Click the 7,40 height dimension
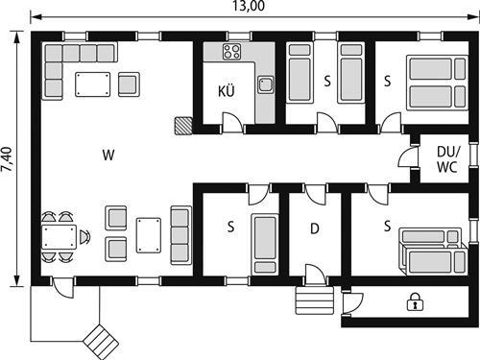tap(8, 154)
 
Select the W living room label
tap(108, 154)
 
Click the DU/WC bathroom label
tap(447, 158)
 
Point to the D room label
tap(313, 228)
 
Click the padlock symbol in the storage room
tap(415, 303)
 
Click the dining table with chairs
tap(61, 236)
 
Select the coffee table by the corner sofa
tap(94, 84)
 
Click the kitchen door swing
tap(231, 121)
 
